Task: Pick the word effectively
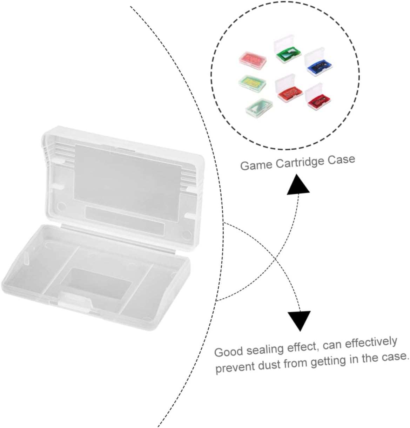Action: coord(371,342)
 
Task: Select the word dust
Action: coord(269,364)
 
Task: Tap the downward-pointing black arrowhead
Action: coord(299,320)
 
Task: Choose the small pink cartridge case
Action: coord(253,58)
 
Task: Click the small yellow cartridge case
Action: coord(252,82)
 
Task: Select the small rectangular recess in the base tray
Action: coord(96,283)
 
